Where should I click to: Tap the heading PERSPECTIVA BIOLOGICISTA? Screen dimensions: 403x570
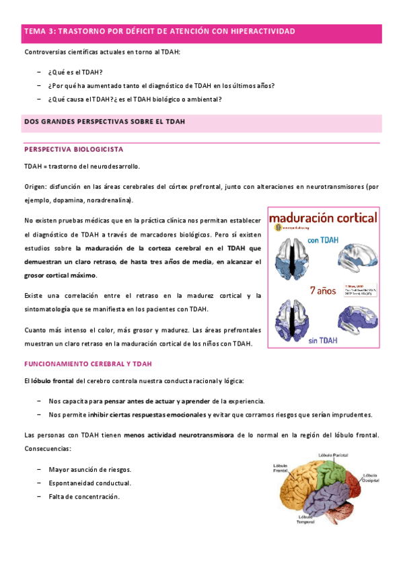tap(73, 149)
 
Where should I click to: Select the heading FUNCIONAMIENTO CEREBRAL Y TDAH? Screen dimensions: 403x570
tap(88, 364)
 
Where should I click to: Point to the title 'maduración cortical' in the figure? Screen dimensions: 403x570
tap(322, 218)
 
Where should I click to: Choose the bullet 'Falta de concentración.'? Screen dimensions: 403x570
tap(84, 497)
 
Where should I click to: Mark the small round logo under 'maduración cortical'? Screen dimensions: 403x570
tap(272, 229)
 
